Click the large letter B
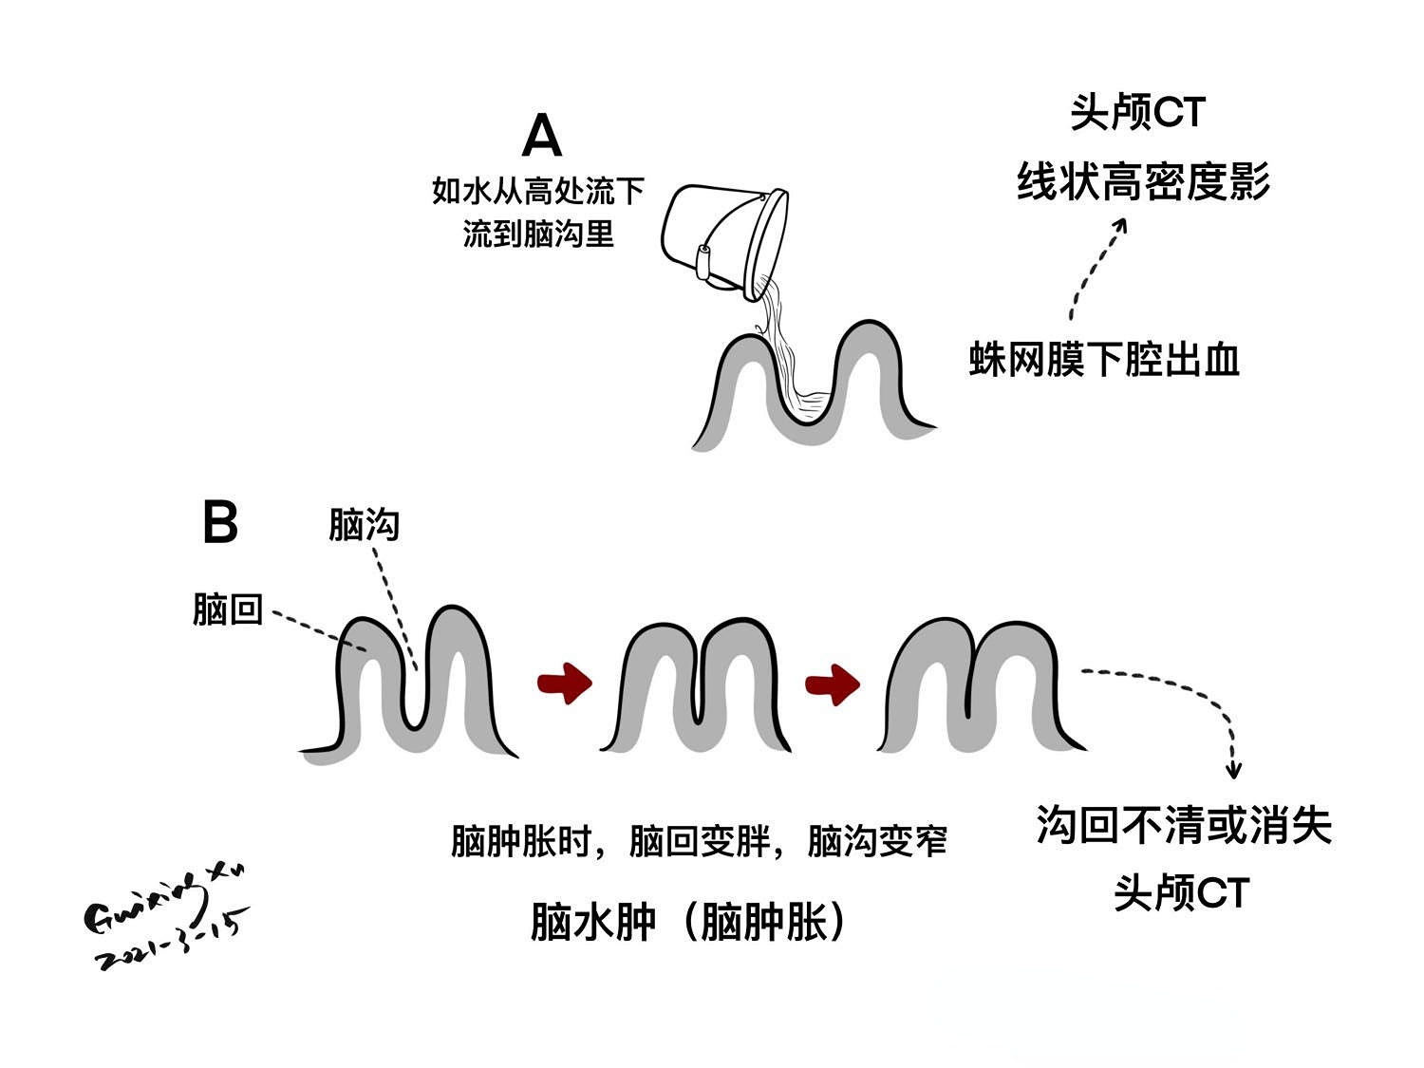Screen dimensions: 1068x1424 [x=220, y=522]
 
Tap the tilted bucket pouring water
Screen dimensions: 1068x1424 [x=723, y=238]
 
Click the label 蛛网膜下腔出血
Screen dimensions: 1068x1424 [x=1104, y=361]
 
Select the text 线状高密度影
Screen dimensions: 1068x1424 [x=1143, y=180]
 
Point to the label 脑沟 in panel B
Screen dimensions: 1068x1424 [x=364, y=524]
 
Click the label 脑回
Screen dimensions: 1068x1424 [x=227, y=609]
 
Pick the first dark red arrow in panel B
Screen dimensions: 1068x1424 [x=565, y=682]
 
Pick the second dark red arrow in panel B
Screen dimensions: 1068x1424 [x=833, y=684]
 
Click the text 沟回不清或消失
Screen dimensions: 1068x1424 [x=1184, y=824]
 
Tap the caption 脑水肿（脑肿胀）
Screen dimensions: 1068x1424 [x=689, y=921]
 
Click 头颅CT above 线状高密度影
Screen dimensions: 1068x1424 [x=1137, y=113]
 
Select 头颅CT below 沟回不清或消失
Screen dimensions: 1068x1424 [x=1181, y=892]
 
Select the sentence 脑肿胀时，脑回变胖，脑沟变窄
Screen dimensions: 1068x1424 [x=699, y=841]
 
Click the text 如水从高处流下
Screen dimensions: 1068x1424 [x=538, y=191]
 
